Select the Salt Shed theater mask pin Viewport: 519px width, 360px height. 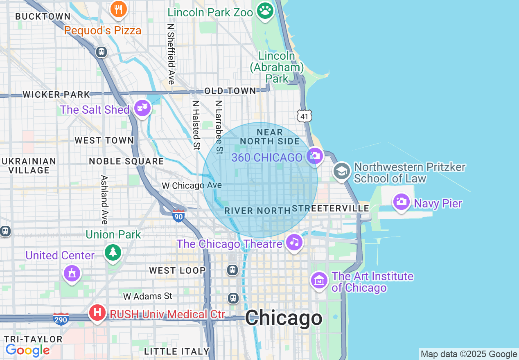142,108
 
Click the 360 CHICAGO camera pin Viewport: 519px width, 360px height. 315,156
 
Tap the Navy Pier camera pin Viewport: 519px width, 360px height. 402,202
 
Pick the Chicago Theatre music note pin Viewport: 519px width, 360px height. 294,242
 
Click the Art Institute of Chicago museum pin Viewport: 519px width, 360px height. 319,281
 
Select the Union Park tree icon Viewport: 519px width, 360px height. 113,252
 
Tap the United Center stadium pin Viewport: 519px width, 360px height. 72,273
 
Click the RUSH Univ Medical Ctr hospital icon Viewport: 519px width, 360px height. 97,313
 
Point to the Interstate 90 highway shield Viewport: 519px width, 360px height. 178,216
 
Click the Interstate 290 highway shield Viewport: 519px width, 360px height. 61,319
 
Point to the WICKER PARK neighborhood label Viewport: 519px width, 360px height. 56,94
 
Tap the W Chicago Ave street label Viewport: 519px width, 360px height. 192,186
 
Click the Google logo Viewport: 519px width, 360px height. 28,350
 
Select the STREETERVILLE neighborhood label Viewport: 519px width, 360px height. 331,208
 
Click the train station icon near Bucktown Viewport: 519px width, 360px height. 102,52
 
